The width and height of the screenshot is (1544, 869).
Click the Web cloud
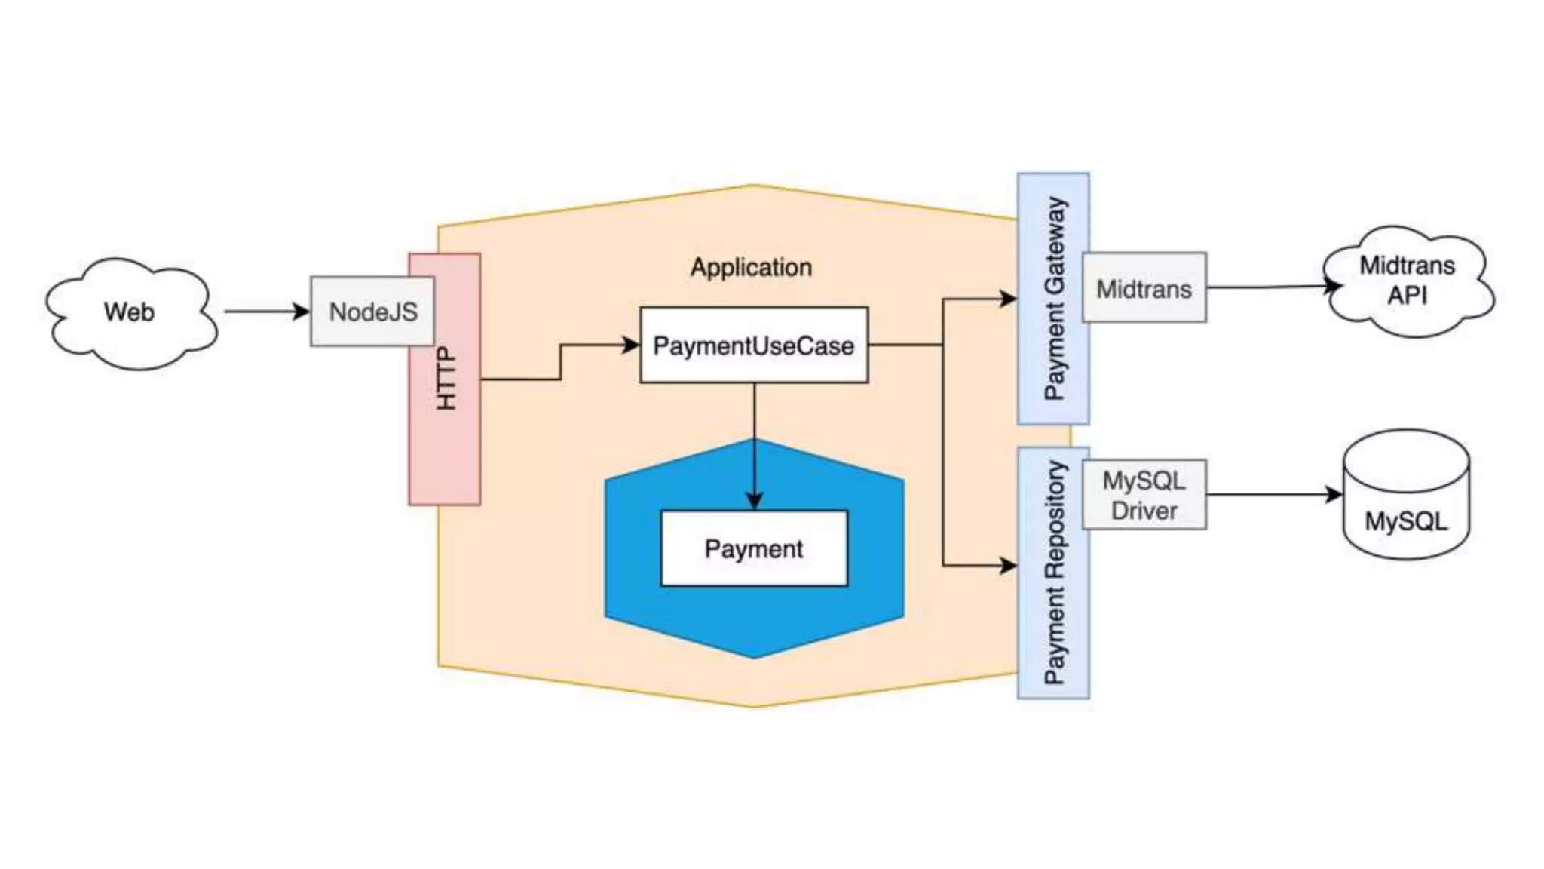pyautogui.click(x=130, y=312)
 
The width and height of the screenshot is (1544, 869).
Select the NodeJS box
pyautogui.click(x=372, y=312)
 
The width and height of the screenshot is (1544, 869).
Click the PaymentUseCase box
pyautogui.click(x=753, y=345)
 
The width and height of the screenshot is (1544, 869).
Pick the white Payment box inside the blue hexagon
pyautogui.click(x=753, y=548)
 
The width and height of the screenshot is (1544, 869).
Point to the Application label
pyautogui.click(x=751, y=267)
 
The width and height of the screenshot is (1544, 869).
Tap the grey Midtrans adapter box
pyautogui.click(x=1144, y=288)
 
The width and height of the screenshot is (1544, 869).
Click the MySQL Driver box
pyautogui.click(x=1144, y=495)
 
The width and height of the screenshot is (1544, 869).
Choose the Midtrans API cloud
pyautogui.click(x=1407, y=281)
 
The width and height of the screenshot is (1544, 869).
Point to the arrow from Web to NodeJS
pyautogui.click(x=264, y=311)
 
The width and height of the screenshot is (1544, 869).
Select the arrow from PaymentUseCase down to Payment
pyautogui.click(x=754, y=445)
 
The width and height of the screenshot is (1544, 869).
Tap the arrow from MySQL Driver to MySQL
pyautogui.click(x=1274, y=495)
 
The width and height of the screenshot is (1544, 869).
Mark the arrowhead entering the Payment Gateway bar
pyautogui.click(x=1008, y=299)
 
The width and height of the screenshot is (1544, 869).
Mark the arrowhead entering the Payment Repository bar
pyautogui.click(x=1008, y=565)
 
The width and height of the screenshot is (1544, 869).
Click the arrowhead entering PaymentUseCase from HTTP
pyautogui.click(x=631, y=345)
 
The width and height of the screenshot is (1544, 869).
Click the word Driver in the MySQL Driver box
pyautogui.click(x=1144, y=511)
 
